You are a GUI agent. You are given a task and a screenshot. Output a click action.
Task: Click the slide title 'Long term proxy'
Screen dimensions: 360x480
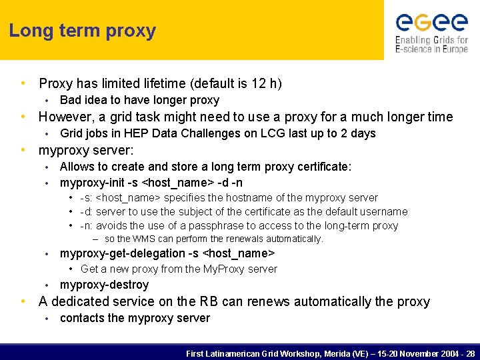click(x=82, y=31)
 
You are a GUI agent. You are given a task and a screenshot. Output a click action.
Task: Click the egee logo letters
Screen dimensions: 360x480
click(x=431, y=23)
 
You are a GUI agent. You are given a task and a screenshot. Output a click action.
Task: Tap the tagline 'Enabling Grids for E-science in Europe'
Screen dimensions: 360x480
click(x=431, y=44)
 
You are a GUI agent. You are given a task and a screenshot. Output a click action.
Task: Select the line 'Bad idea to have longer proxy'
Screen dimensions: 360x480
click(x=139, y=100)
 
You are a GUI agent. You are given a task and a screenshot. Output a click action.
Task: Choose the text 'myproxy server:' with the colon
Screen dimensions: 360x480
click(x=86, y=150)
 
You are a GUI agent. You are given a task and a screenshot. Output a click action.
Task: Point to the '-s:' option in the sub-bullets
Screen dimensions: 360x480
click(x=87, y=198)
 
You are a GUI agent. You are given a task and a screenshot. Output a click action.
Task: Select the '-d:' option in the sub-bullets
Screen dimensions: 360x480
click(x=87, y=211)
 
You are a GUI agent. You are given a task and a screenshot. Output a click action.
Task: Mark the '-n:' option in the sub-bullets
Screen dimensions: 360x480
click(x=87, y=225)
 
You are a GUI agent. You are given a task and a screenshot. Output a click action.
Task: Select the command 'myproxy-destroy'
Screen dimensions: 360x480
click(x=104, y=285)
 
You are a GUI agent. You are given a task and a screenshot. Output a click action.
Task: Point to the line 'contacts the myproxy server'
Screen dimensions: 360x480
click(x=135, y=318)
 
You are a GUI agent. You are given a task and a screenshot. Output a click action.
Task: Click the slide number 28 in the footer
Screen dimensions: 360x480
click(x=471, y=353)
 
